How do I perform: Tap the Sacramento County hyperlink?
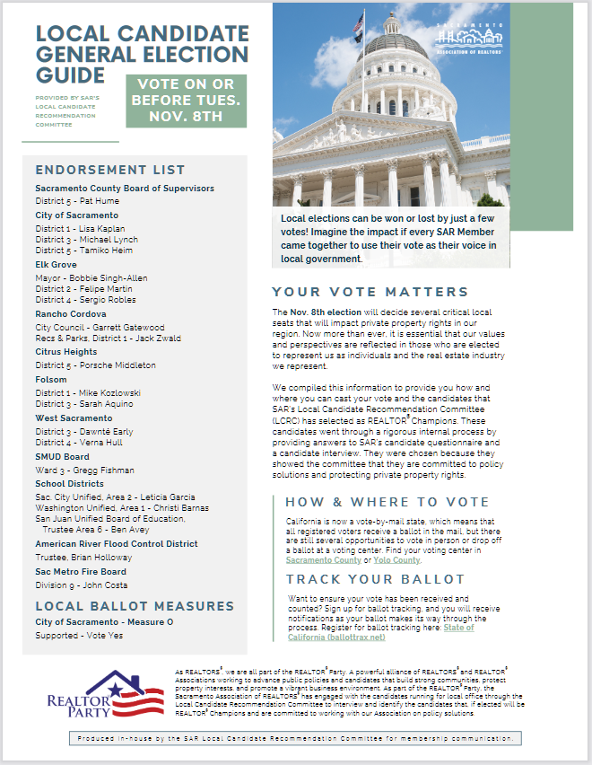click(317, 559)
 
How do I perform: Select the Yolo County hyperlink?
click(396, 559)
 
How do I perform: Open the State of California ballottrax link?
click(380, 632)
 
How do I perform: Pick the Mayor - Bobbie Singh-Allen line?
click(91, 278)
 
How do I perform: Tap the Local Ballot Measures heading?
click(134, 606)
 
